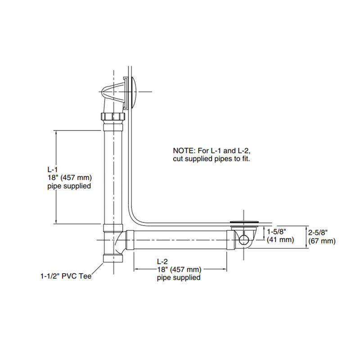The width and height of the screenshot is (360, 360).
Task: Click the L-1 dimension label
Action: pos(53,170)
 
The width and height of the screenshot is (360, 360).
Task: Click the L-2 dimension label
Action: pos(162,261)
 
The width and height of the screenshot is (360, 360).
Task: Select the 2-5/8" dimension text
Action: pos(318,232)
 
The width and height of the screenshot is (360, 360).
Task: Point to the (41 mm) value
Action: pos(280,240)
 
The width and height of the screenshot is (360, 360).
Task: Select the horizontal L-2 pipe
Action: pos(180,239)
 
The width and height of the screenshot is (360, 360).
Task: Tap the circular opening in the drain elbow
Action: pos(243,239)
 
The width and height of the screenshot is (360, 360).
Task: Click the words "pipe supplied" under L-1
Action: pos(69,185)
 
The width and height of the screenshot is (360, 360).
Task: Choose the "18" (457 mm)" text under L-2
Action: pos(178,270)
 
